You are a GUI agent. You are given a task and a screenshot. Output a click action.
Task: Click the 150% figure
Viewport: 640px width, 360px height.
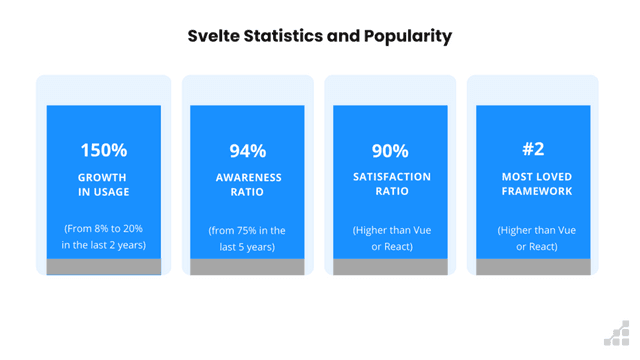104,151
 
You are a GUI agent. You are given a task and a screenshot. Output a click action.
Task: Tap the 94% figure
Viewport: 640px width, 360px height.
247,151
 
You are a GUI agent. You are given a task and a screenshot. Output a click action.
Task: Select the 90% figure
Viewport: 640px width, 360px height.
390,151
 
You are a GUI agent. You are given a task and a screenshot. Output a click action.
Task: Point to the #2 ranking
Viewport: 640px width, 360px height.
533,149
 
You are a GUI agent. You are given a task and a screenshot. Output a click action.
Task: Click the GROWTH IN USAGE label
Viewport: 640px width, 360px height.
104,185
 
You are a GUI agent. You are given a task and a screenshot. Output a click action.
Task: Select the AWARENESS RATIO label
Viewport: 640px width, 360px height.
247,185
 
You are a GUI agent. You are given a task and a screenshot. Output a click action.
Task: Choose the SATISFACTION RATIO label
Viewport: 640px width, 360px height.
390,185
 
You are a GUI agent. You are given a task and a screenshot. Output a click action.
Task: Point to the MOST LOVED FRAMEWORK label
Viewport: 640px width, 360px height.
533,185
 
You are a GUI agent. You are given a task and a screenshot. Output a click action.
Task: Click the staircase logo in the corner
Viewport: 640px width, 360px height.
617,335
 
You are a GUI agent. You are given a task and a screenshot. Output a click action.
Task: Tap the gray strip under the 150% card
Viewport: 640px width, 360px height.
104,266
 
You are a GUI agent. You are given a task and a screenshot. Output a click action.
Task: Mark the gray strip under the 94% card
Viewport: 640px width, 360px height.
247,267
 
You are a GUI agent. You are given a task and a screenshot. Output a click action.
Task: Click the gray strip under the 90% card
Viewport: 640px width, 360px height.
390,267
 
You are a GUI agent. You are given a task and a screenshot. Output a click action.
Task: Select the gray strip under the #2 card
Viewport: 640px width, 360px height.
533,267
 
